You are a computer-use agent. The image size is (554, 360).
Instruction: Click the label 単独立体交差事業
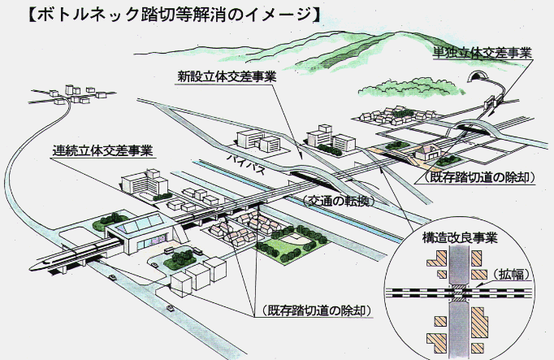483,53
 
